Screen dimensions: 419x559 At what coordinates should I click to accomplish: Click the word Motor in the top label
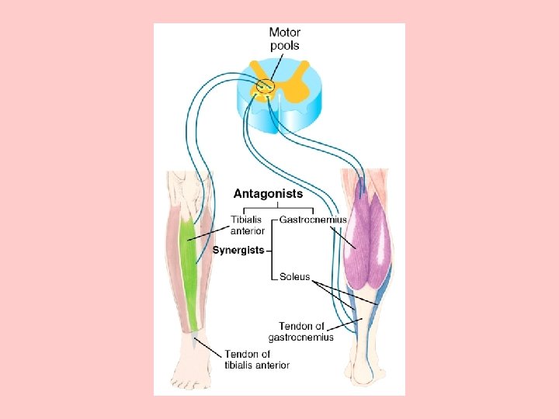point(285,32)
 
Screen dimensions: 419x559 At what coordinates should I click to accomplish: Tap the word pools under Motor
point(285,46)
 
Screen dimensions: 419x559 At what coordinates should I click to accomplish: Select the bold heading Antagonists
point(269,193)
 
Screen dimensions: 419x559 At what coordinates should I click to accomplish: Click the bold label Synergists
point(238,251)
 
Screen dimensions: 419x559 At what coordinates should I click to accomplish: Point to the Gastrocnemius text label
point(313,220)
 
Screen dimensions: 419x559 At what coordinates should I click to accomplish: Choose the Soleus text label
point(295,277)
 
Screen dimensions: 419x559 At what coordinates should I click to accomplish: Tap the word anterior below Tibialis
point(248,231)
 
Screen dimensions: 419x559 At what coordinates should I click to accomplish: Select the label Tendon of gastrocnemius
point(301,331)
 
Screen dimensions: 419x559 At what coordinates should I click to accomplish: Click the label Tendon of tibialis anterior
point(257,359)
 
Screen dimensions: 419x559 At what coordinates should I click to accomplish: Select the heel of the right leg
point(363,376)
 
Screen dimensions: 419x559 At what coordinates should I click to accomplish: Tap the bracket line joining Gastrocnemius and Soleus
point(273,248)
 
